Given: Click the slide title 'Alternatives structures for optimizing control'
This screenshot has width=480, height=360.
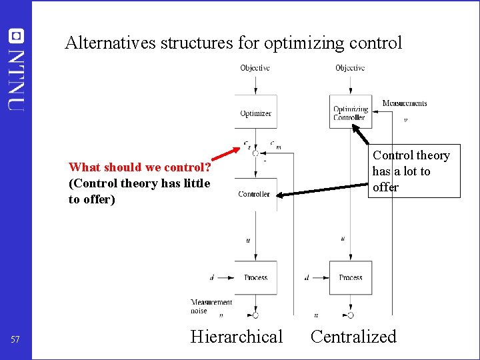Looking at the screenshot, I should (233, 43).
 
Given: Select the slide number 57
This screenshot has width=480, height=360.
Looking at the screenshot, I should (15, 340).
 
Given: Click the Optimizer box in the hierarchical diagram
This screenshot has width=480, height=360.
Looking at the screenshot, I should (255, 113).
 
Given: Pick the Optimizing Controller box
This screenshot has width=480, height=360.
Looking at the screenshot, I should (351, 113).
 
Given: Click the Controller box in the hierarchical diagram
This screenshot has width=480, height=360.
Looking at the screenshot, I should (255, 194).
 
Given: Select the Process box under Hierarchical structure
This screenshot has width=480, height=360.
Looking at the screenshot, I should (255, 277).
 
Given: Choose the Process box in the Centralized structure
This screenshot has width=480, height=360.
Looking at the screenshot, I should (351, 277).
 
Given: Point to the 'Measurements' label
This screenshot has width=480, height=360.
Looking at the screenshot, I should (405, 103).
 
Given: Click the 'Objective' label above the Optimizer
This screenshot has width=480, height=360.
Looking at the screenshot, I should (255, 68).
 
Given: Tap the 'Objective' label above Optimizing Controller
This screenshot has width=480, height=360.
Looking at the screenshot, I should (350, 68).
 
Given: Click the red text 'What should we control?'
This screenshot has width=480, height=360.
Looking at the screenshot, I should (139, 167).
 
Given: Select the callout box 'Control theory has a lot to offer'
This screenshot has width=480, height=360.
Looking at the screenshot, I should (411, 171).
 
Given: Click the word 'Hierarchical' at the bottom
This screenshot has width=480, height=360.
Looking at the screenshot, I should (236, 337).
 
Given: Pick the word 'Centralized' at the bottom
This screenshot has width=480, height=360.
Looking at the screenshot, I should (353, 337).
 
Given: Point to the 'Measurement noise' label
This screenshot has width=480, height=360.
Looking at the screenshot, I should (211, 306).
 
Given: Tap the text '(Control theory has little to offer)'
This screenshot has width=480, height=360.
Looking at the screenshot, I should (139, 191).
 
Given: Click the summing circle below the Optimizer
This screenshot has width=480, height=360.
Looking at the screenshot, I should (255, 153).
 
